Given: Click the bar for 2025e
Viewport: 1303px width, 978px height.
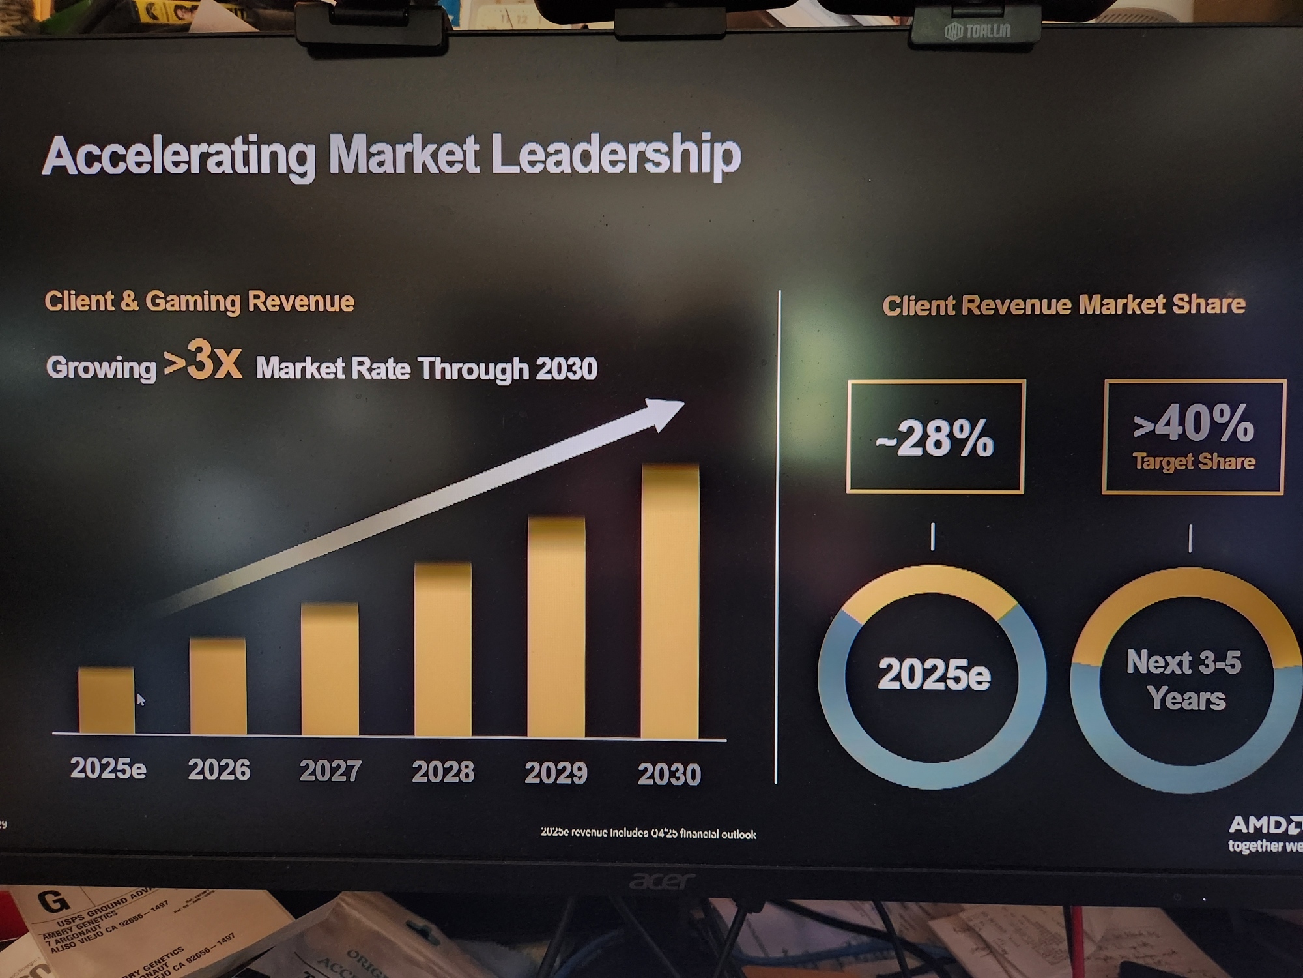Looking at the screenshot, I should (x=106, y=700).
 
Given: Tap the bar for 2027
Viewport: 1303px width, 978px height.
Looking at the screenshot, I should (x=330, y=670).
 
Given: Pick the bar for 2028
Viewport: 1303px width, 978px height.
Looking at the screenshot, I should (x=443, y=649).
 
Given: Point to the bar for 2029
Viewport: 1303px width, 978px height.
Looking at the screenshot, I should (x=556, y=627).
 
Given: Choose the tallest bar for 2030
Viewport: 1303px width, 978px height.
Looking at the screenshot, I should (x=670, y=601).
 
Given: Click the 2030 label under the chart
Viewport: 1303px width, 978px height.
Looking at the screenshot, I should (x=669, y=774).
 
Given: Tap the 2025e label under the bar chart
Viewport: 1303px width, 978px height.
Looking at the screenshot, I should (x=108, y=769).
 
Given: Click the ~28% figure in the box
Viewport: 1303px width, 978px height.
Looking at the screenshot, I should (x=935, y=437).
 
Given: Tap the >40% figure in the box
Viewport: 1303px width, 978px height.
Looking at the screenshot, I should (x=1194, y=423).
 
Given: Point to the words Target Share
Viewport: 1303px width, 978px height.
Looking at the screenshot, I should (x=1194, y=462).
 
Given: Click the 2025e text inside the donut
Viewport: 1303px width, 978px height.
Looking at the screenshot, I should (x=934, y=674).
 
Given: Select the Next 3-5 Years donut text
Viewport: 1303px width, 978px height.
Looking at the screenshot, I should (x=1185, y=680).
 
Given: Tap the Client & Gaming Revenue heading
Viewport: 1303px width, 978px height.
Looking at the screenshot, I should (x=199, y=302).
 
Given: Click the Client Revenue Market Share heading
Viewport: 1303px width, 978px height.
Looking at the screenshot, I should (x=1063, y=305).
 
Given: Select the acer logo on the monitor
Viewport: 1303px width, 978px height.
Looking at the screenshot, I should (x=661, y=881).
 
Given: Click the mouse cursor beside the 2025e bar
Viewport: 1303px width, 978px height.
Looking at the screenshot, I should (x=141, y=699).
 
